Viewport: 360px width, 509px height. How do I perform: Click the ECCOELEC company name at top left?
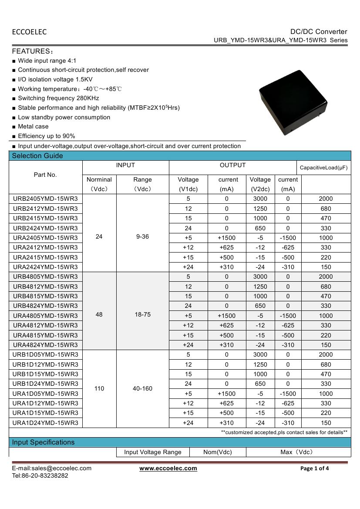[x=29, y=32]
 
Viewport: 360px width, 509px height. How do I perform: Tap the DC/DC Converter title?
[x=319, y=31]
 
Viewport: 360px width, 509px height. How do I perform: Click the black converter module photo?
[x=293, y=103]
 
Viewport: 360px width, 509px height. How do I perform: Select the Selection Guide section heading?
[x=37, y=156]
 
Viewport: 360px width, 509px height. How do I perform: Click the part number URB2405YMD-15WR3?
[x=45, y=199]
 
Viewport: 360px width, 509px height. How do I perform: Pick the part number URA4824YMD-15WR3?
[x=45, y=345]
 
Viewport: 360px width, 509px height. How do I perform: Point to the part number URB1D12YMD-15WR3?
[x=45, y=364]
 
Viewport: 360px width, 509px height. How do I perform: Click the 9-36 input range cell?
[x=142, y=237]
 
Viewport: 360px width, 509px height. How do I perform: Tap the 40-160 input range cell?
[x=142, y=388]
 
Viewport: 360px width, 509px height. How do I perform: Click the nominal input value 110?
[x=99, y=388]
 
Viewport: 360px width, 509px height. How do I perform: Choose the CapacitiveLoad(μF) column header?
[x=324, y=168]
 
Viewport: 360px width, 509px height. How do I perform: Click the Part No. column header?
[x=45, y=175]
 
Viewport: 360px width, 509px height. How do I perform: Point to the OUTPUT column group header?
[x=232, y=165]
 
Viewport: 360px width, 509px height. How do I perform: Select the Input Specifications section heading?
[x=43, y=442]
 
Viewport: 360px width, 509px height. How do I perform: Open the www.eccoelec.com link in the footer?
[x=168, y=468]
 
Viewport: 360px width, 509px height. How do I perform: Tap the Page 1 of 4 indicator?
[x=314, y=469]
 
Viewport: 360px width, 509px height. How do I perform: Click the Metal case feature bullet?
[x=33, y=127]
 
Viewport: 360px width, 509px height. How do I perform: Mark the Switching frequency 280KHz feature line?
[x=58, y=98]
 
